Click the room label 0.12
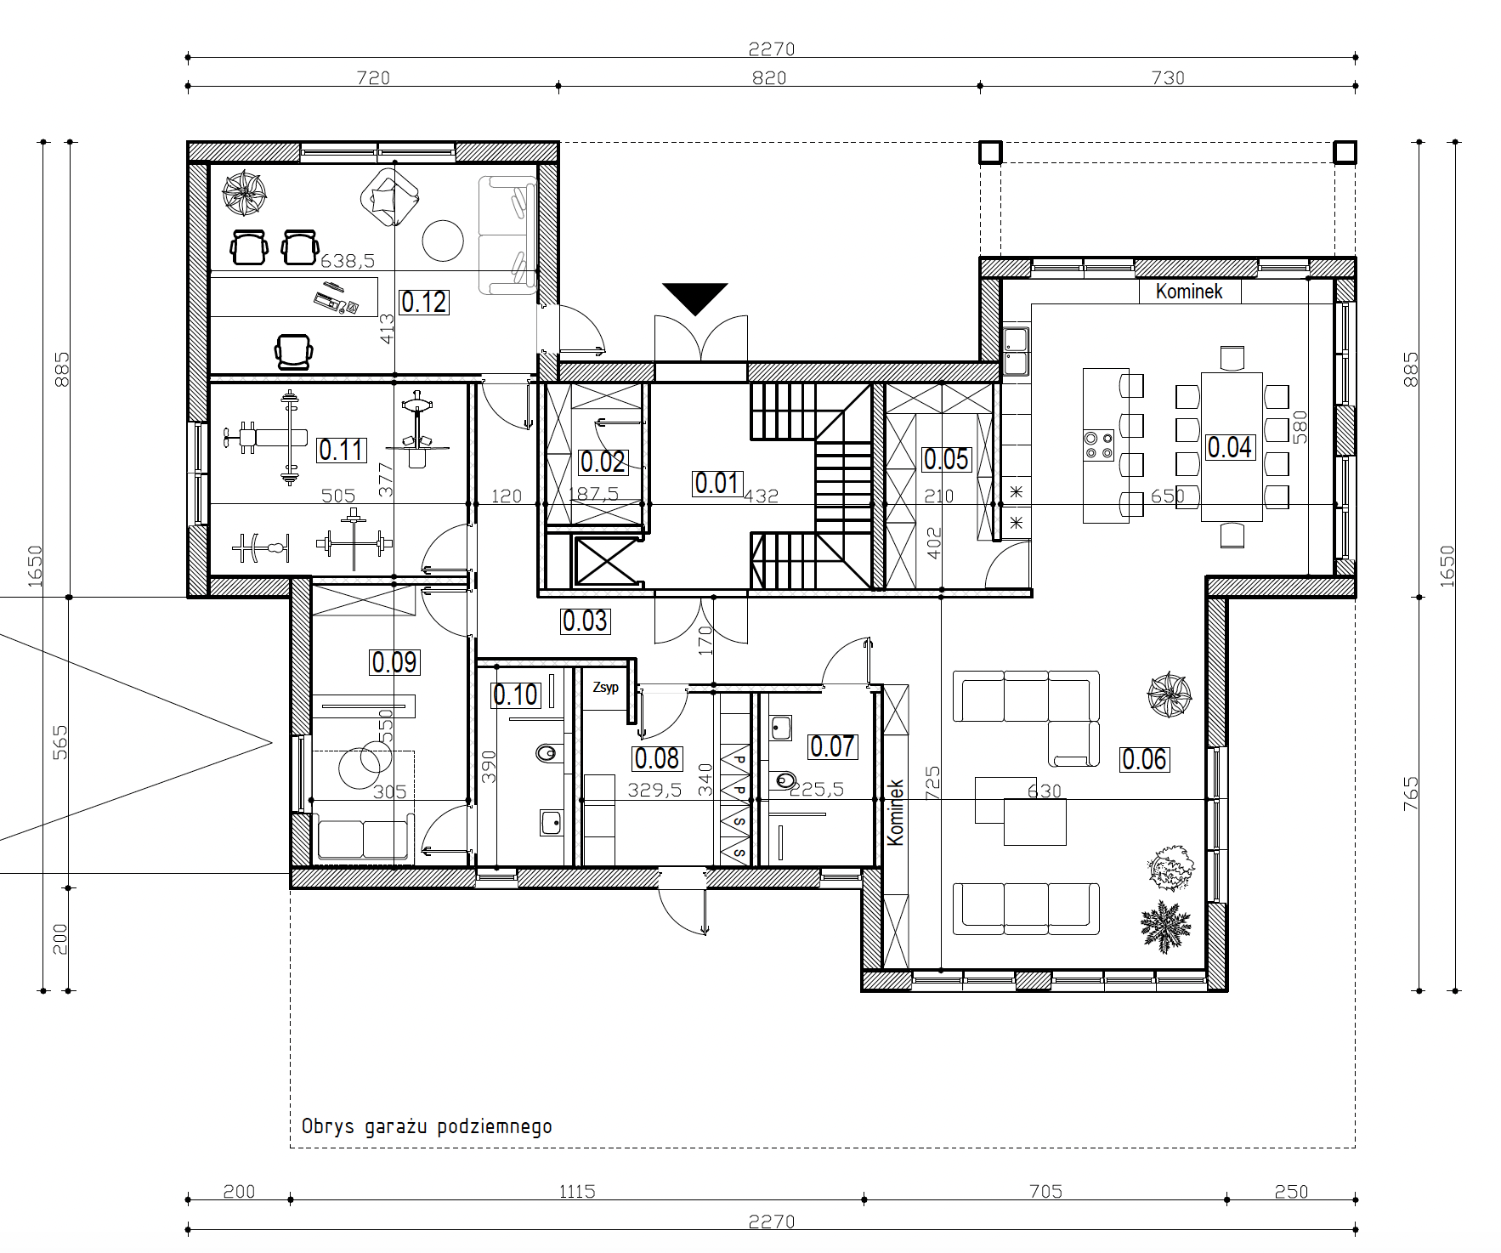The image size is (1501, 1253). click(x=423, y=302)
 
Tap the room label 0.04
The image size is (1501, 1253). click(x=1229, y=447)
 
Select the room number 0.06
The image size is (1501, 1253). click(x=1144, y=759)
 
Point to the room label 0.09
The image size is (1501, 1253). click(x=394, y=662)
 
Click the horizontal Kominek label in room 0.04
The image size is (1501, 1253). click(x=1189, y=292)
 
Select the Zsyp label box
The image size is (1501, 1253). click(x=605, y=688)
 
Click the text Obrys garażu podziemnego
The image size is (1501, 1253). click(x=427, y=1126)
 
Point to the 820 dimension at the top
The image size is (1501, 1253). click(x=770, y=78)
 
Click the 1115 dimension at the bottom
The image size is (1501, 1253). click(x=577, y=1192)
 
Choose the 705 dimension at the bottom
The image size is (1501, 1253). click(x=1045, y=1192)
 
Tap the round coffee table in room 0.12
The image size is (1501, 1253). click(x=444, y=241)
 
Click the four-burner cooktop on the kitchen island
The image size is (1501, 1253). click(x=1098, y=445)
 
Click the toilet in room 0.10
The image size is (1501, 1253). click(x=548, y=753)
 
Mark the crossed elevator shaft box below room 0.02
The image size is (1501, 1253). click(x=606, y=561)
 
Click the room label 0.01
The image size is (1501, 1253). click(x=718, y=483)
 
